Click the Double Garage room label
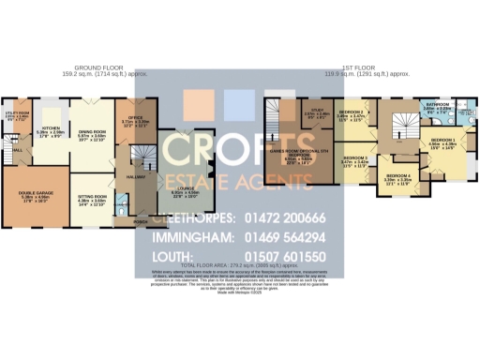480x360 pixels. pos(35,195)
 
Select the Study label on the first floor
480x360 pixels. pos(313,112)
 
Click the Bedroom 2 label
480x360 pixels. pos(351,112)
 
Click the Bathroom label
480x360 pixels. pos(437,104)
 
